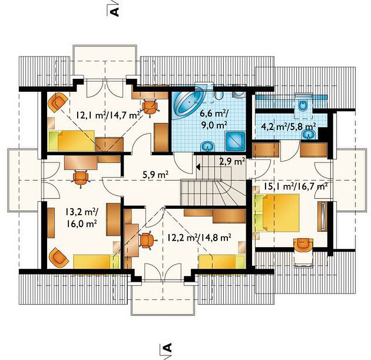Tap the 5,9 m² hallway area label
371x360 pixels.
point(155,175)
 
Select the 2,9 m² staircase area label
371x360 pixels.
point(232,162)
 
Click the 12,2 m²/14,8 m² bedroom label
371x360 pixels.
point(199,237)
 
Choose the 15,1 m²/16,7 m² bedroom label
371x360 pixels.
point(296,186)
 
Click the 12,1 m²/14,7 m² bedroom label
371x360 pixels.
point(108,115)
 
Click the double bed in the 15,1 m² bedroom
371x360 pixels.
point(277,213)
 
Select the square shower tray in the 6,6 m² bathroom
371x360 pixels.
point(236,141)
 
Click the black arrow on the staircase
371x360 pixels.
point(198,167)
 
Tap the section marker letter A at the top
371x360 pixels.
point(115,12)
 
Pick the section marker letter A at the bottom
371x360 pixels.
point(167,348)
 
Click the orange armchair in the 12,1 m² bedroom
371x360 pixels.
point(57,102)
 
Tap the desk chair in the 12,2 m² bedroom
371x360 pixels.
point(147,241)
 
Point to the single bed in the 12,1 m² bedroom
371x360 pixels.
point(72,141)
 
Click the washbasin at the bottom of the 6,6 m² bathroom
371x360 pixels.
point(208,146)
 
